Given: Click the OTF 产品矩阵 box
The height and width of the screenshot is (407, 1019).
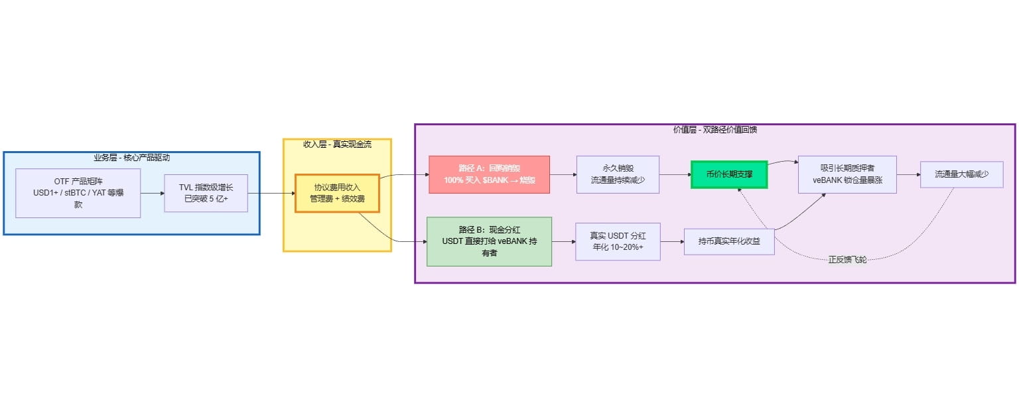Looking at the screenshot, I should click(x=78, y=193).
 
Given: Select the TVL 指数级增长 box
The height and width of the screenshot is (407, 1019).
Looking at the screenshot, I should click(x=206, y=193).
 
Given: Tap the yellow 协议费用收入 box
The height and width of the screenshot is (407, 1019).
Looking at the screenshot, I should click(x=337, y=193).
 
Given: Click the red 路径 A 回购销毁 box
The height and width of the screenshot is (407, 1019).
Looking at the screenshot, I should click(x=489, y=174).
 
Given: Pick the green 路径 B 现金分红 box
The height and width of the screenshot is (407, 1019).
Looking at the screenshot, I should click(x=489, y=241).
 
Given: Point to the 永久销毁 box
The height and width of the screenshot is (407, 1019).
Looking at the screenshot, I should click(x=618, y=174).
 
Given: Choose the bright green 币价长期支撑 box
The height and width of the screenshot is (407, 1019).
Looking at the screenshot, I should click(x=728, y=174).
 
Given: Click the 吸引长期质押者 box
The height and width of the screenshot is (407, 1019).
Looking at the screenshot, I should click(x=847, y=174).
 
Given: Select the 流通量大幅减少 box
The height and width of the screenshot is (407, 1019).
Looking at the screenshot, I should click(x=961, y=174).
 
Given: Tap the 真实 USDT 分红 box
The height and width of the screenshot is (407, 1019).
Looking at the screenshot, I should click(x=618, y=241).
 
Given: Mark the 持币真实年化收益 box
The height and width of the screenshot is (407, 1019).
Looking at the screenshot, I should click(x=729, y=241).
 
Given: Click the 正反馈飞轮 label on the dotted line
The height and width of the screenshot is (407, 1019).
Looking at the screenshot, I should click(x=847, y=259).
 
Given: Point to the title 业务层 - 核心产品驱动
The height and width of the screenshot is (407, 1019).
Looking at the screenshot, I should click(x=131, y=158).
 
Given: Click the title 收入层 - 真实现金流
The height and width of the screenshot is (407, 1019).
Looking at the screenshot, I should click(x=337, y=144).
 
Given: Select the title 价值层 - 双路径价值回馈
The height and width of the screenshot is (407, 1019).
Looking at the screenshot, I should click(x=714, y=130).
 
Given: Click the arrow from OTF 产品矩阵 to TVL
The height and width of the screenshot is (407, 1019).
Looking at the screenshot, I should click(x=153, y=193).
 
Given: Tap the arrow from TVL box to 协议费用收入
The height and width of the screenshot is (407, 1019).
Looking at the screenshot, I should click(x=272, y=193).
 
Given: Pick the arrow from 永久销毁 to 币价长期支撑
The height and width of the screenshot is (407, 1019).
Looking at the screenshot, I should click(x=675, y=174).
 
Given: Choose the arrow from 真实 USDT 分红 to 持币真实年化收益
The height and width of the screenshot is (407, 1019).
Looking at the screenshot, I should click(x=672, y=241).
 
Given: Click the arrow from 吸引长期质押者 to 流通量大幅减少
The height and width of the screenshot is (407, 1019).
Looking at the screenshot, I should click(x=908, y=174).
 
